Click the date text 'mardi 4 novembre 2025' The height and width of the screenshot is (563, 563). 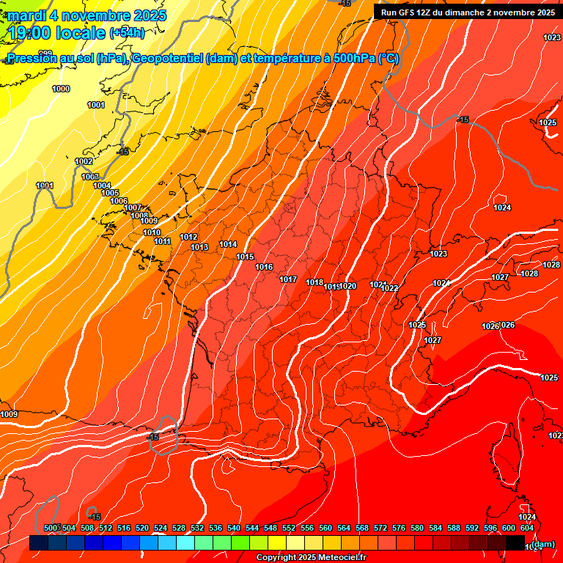pos(87,15)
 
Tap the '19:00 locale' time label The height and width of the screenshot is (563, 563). pos(56,32)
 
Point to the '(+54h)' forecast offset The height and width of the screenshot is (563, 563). pos(127,33)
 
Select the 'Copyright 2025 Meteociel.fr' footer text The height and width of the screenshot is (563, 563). pos(311,558)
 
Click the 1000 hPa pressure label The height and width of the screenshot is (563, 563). pos(61,89)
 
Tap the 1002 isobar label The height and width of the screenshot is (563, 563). pos(84,161)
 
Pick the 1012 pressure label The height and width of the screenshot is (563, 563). pos(188,237)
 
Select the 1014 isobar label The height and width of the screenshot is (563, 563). pos(228,244)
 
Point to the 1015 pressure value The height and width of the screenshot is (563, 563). pos(245,257)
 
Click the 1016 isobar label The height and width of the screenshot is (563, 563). pos(264,267)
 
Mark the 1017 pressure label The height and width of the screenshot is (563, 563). pos(288,279)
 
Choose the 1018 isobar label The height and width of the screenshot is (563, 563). pos(314,282)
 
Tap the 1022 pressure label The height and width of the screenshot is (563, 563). pos(389,288)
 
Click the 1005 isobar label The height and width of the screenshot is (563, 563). pos(110,193)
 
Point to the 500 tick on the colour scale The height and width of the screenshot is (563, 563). pos(51,528)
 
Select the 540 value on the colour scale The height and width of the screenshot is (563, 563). pos(234,528)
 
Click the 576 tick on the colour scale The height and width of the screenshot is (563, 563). pos(399,528)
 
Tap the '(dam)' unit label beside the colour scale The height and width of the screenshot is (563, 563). pos(543,544)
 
